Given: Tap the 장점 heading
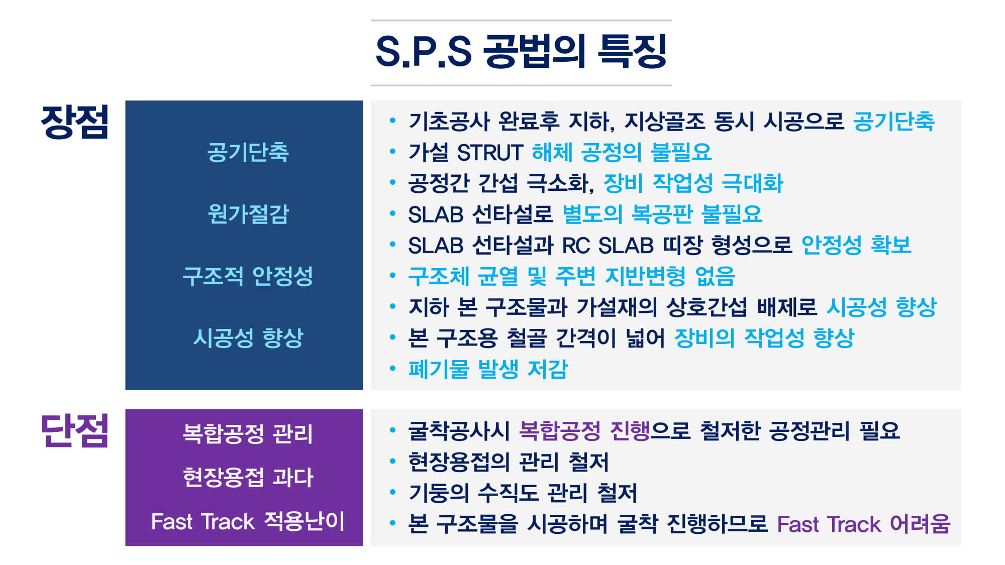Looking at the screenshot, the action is click(x=74, y=122).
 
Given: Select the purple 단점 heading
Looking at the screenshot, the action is click(x=74, y=430).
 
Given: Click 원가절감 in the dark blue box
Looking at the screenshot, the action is click(x=248, y=214).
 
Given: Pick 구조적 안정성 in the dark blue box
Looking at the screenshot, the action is click(x=248, y=276).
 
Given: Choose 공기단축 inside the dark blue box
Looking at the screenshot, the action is click(x=248, y=152).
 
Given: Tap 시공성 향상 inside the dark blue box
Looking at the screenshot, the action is click(x=248, y=337).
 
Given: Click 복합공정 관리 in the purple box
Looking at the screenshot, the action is click(x=248, y=433).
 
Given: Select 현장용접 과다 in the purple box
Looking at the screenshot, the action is click(x=248, y=477).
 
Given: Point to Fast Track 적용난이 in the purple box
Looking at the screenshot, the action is click(x=248, y=521).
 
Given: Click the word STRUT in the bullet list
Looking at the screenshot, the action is click(x=490, y=152).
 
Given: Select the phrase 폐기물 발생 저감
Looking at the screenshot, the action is click(x=488, y=369).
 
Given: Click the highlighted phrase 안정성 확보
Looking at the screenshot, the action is click(x=856, y=246).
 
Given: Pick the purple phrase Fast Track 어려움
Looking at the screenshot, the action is click(x=864, y=524).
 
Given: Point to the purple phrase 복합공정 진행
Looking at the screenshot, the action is click(x=584, y=431).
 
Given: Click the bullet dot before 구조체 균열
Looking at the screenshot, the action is click(x=392, y=276).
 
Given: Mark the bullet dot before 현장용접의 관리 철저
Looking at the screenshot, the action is click(x=392, y=461).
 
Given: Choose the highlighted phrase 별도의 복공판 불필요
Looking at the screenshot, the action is click(x=662, y=214).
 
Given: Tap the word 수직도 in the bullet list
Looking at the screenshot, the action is click(x=507, y=493).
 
